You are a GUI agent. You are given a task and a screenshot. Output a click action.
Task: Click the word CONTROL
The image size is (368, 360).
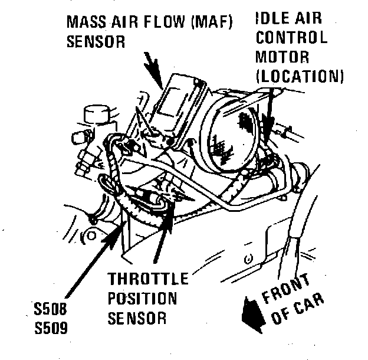(x=291, y=38)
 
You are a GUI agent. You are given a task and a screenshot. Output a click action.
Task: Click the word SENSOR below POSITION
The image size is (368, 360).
(x=137, y=319)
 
